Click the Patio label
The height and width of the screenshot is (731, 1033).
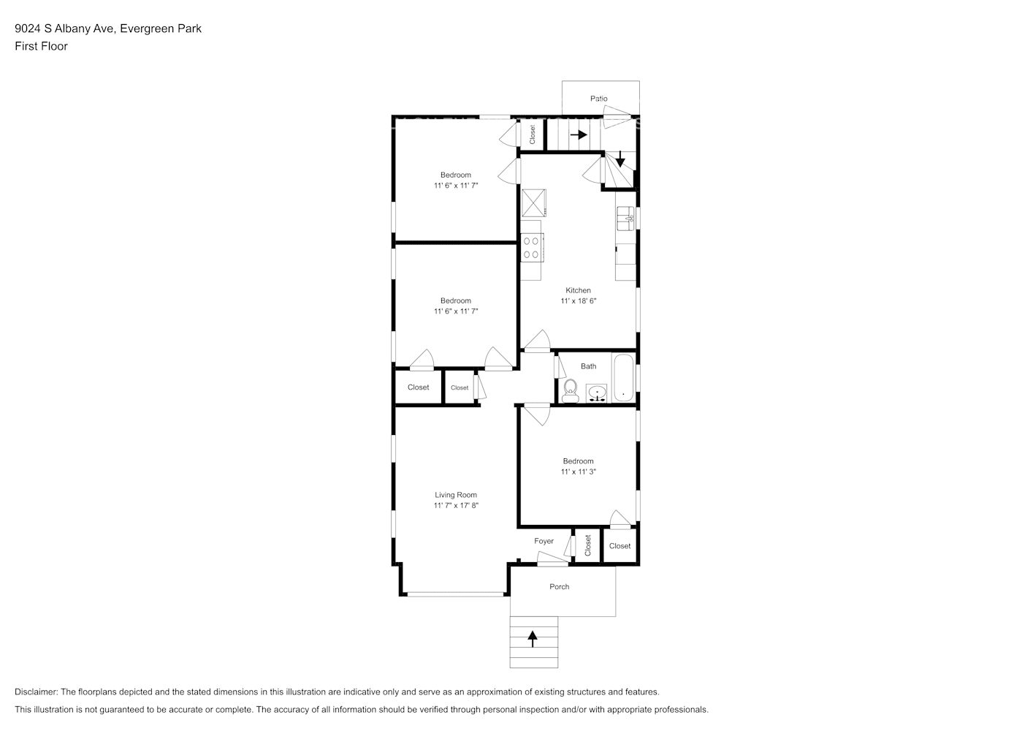pyautogui.click(x=598, y=98)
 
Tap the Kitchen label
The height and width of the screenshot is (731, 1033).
pyautogui.click(x=578, y=290)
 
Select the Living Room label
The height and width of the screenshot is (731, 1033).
pyautogui.click(x=456, y=495)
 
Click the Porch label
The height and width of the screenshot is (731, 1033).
pyautogui.click(x=559, y=586)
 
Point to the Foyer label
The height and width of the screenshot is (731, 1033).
pyautogui.click(x=544, y=541)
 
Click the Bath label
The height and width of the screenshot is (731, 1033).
pyautogui.click(x=588, y=366)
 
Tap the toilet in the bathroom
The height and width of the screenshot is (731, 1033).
pyautogui.click(x=571, y=390)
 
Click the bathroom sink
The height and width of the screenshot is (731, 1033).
pyautogui.click(x=596, y=393)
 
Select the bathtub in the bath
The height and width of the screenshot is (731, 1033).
pyautogui.click(x=623, y=378)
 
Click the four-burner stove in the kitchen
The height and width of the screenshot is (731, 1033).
pyautogui.click(x=532, y=248)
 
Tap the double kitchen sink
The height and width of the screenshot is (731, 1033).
pyautogui.click(x=626, y=219)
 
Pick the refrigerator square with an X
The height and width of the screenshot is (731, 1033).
pyautogui.click(x=533, y=203)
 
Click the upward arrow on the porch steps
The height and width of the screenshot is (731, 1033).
pyautogui.click(x=533, y=639)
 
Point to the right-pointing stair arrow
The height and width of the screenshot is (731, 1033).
pyautogui.click(x=579, y=135)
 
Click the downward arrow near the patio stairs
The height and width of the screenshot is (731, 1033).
pyautogui.click(x=620, y=159)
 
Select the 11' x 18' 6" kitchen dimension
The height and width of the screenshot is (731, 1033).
pyautogui.click(x=579, y=301)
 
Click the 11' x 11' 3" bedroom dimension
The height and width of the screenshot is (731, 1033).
pyautogui.click(x=579, y=471)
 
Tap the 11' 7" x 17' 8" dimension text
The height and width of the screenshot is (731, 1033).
pyautogui.click(x=456, y=505)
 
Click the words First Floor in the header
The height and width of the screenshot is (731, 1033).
pyautogui.click(x=41, y=46)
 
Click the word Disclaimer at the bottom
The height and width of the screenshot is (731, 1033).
pyautogui.click(x=36, y=692)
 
